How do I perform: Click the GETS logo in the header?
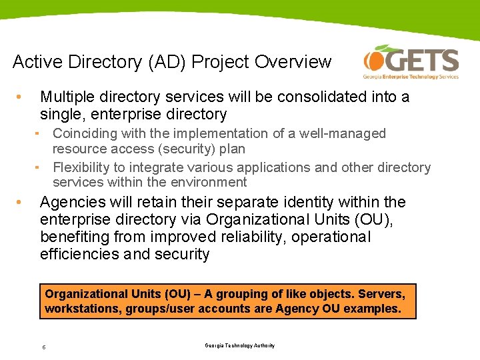point(411,63)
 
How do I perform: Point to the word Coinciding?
point(85,134)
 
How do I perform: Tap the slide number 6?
point(43,347)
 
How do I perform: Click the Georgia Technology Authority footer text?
point(239,345)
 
